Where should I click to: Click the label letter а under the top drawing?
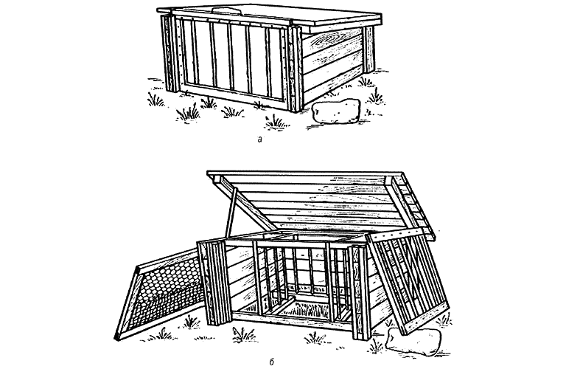click(x=260, y=139)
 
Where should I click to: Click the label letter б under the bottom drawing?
click(x=271, y=362)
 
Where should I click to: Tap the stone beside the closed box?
click(x=336, y=111)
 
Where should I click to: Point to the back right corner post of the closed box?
click(x=369, y=49)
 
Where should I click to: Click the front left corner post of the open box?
click(x=214, y=283)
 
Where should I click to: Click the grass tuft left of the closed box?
click(x=155, y=100)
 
